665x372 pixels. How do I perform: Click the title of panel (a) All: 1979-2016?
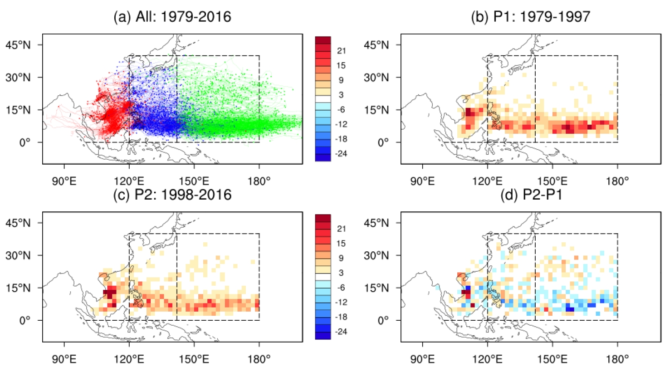pyautogui.click(x=172, y=17)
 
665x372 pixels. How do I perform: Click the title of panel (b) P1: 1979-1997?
pyautogui.click(x=530, y=17)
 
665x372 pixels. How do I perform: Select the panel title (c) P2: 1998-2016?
pyautogui.click(x=172, y=195)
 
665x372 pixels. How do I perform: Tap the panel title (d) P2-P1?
pyautogui.click(x=531, y=195)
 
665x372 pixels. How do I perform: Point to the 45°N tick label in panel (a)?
pyautogui.click(x=18, y=45)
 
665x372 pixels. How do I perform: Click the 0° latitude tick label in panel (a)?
pyautogui.click(x=24, y=142)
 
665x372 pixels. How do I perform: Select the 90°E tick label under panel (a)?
pyautogui.click(x=64, y=181)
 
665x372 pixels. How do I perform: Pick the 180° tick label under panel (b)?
pyautogui.click(x=617, y=181)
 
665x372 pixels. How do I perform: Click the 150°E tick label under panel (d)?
pyautogui.click(x=553, y=359)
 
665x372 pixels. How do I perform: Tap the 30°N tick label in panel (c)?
pyautogui.click(x=18, y=255)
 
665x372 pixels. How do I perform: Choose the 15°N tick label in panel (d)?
pyautogui.click(x=376, y=288)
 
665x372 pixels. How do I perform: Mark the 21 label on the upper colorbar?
pyautogui.click(x=341, y=51)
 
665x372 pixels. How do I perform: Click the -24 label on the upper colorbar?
pyautogui.click(x=341, y=154)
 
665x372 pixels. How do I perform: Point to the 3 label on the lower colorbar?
pyautogui.click(x=341, y=273)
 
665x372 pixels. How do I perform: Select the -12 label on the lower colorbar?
pyautogui.click(x=341, y=302)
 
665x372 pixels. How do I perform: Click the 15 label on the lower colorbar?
pyautogui.click(x=341, y=243)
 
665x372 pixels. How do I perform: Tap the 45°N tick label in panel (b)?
pyautogui.click(x=376, y=45)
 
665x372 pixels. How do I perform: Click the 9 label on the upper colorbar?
pyautogui.click(x=341, y=80)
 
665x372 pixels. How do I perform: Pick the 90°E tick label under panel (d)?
pyautogui.click(x=422, y=359)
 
